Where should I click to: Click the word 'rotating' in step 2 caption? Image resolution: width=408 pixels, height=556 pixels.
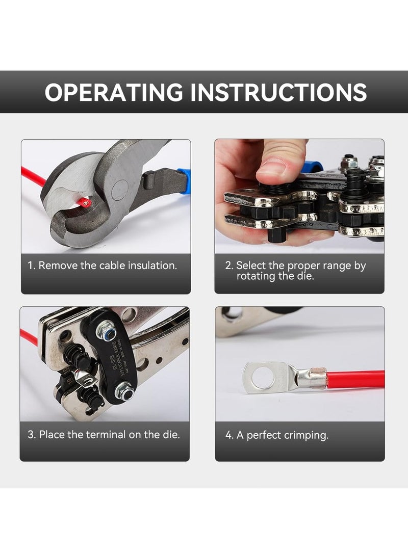point(258,276)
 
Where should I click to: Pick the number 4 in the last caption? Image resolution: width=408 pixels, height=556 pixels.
point(229,435)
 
